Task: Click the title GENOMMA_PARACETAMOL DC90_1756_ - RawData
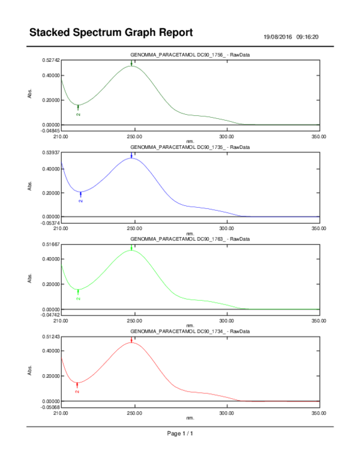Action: point(190,55)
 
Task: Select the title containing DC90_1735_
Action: point(190,147)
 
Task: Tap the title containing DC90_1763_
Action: point(190,239)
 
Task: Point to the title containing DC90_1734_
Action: point(190,331)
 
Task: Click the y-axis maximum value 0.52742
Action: point(51,60)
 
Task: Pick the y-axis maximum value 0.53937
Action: point(51,153)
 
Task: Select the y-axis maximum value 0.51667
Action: point(51,245)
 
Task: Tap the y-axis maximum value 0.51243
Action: point(51,337)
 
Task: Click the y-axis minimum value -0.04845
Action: point(50,130)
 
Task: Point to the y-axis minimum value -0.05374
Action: point(50,223)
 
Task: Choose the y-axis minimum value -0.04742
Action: point(50,315)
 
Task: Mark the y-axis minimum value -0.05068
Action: point(50,407)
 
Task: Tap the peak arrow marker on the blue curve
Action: point(131,156)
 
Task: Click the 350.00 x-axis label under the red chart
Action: point(319,413)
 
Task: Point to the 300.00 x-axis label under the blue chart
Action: point(227,229)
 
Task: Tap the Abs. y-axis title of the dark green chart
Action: point(30,93)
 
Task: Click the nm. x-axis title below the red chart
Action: point(190,418)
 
